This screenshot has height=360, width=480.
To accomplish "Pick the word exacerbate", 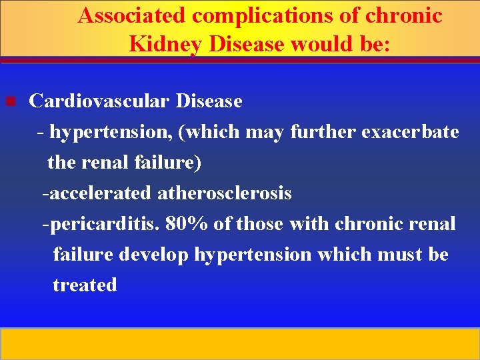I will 410,132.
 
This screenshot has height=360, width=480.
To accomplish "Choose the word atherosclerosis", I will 225,193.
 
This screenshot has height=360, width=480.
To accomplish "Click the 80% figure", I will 187,224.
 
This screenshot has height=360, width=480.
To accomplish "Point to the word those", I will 259,224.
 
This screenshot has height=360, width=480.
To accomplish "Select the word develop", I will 159,255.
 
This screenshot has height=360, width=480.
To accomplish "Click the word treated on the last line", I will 85,285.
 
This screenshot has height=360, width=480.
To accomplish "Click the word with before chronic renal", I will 310,224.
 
